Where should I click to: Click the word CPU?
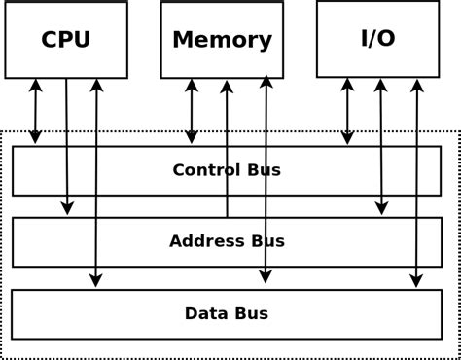[65, 40]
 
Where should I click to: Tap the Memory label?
[222, 40]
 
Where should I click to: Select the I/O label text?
[377, 38]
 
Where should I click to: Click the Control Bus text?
[227, 170]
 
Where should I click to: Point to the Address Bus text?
[227, 241]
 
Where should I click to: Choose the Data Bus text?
[226, 313]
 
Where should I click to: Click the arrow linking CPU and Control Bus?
[36, 111]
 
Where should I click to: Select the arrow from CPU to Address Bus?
[66, 146]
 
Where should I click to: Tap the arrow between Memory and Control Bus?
[192, 111]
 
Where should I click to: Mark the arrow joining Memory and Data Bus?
[266, 180]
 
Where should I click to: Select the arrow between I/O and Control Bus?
[347, 111]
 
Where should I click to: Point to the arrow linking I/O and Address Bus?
[381, 146]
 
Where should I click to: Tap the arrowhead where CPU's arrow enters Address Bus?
[67, 208]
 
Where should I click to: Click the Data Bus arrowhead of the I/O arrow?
[416, 281]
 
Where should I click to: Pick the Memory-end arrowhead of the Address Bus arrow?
[227, 87]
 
